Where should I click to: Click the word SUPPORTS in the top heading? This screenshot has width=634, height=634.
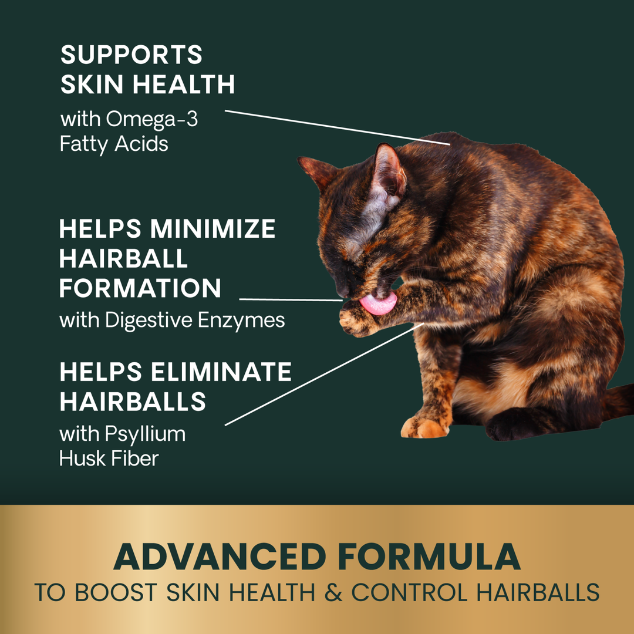click(131, 55)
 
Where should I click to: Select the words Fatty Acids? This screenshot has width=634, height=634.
click(114, 144)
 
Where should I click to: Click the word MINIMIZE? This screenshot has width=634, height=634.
click(212, 229)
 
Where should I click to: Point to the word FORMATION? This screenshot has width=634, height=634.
click(140, 288)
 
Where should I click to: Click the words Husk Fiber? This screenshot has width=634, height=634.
click(109, 458)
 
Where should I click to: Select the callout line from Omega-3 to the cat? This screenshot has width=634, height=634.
click(338, 126)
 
